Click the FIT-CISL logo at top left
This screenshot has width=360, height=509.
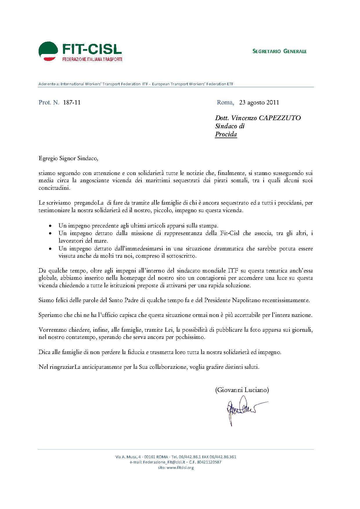pyautogui.click(x=80, y=51)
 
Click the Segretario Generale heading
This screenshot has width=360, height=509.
pyautogui.click(x=279, y=51)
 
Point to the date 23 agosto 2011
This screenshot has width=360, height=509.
pyautogui.click(x=259, y=102)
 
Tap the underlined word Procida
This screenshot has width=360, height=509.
pyautogui.click(x=226, y=134)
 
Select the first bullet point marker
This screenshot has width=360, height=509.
pyautogui.click(x=51, y=226)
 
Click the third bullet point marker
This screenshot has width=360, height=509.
pyautogui.click(x=51, y=249)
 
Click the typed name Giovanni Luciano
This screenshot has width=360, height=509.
pyautogui.click(x=242, y=390)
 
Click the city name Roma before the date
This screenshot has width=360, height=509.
pyautogui.click(x=225, y=102)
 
